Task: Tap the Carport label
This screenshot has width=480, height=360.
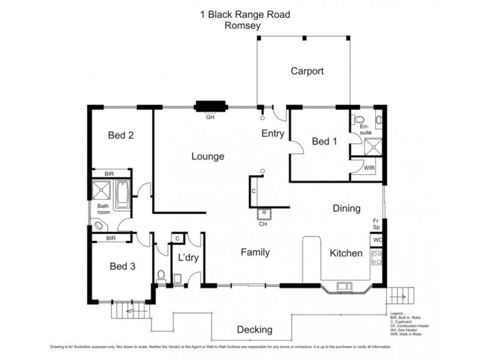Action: (307, 71)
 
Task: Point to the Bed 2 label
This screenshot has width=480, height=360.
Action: (121, 136)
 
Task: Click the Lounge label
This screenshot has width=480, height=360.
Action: (208, 157)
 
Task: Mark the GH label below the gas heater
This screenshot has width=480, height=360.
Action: (210, 117)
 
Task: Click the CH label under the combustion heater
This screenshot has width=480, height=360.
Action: (263, 225)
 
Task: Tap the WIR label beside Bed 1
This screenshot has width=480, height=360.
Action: (369, 169)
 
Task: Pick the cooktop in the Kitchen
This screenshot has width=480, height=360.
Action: (377, 259)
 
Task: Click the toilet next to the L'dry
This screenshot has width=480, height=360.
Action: (160, 275)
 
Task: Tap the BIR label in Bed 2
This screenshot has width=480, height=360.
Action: (109, 173)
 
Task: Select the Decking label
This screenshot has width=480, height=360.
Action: (254, 329)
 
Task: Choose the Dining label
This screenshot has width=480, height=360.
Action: (346, 209)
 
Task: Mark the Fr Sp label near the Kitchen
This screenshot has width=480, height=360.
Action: (376, 224)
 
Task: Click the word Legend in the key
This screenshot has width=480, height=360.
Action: (397, 313)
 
